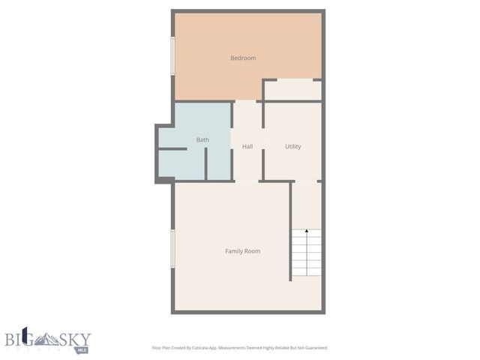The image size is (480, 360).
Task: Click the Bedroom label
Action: click(x=243, y=58)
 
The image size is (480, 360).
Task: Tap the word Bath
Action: click(x=202, y=139)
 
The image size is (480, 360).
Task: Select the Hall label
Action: click(x=247, y=146)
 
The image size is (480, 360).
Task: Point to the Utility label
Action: click(x=292, y=146)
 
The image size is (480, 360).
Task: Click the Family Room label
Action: click(x=242, y=250)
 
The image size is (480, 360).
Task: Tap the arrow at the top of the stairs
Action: click(x=306, y=233)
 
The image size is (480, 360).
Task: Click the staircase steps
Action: click(x=306, y=255)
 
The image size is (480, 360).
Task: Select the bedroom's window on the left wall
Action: click(x=173, y=56)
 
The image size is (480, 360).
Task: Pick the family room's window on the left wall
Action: click(x=173, y=248)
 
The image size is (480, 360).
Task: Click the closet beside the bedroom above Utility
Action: click(x=292, y=90)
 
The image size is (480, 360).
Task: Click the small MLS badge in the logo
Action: click(x=82, y=349)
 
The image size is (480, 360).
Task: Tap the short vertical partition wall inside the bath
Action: click(x=206, y=163)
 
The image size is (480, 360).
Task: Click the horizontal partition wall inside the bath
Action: click(x=172, y=149)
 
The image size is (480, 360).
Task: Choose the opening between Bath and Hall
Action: click(x=231, y=142)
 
